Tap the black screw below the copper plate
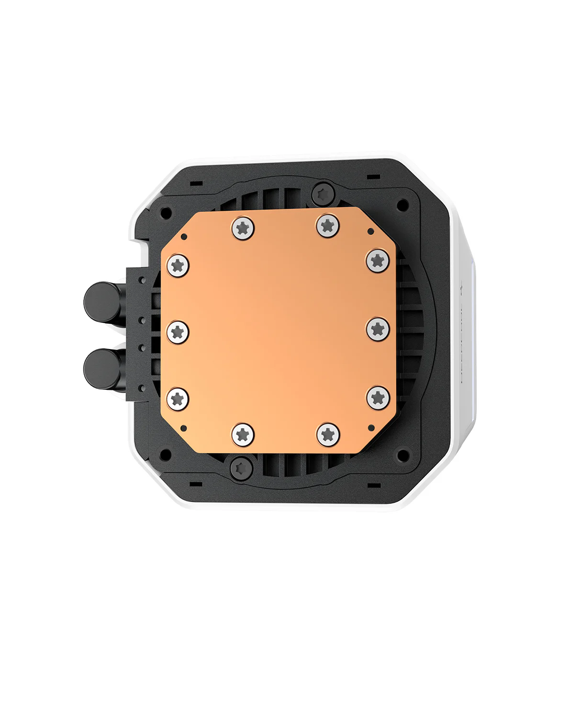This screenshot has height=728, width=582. click(x=241, y=467)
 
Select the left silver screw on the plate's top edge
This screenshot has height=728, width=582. click(x=243, y=227)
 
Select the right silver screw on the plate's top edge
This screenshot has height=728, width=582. click(x=328, y=225)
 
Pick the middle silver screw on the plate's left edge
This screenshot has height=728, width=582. click(x=178, y=331)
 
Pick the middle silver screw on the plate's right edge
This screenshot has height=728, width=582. click(x=378, y=329)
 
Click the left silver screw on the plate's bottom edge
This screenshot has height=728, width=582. click(x=243, y=435)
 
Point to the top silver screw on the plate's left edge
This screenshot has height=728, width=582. click(x=178, y=265)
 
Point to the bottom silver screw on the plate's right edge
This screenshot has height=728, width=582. click(x=378, y=397)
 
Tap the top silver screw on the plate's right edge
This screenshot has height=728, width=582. click(x=378, y=261)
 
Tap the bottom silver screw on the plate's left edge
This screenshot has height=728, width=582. click(x=178, y=398)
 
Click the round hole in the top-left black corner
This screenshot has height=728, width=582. click(x=166, y=212)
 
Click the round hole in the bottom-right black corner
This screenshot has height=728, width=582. click(x=403, y=454)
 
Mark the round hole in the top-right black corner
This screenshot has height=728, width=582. click(x=403, y=205)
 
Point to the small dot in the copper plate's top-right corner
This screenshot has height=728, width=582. click(x=370, y=231)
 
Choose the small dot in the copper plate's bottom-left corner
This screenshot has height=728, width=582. click(x=183, y=428)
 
